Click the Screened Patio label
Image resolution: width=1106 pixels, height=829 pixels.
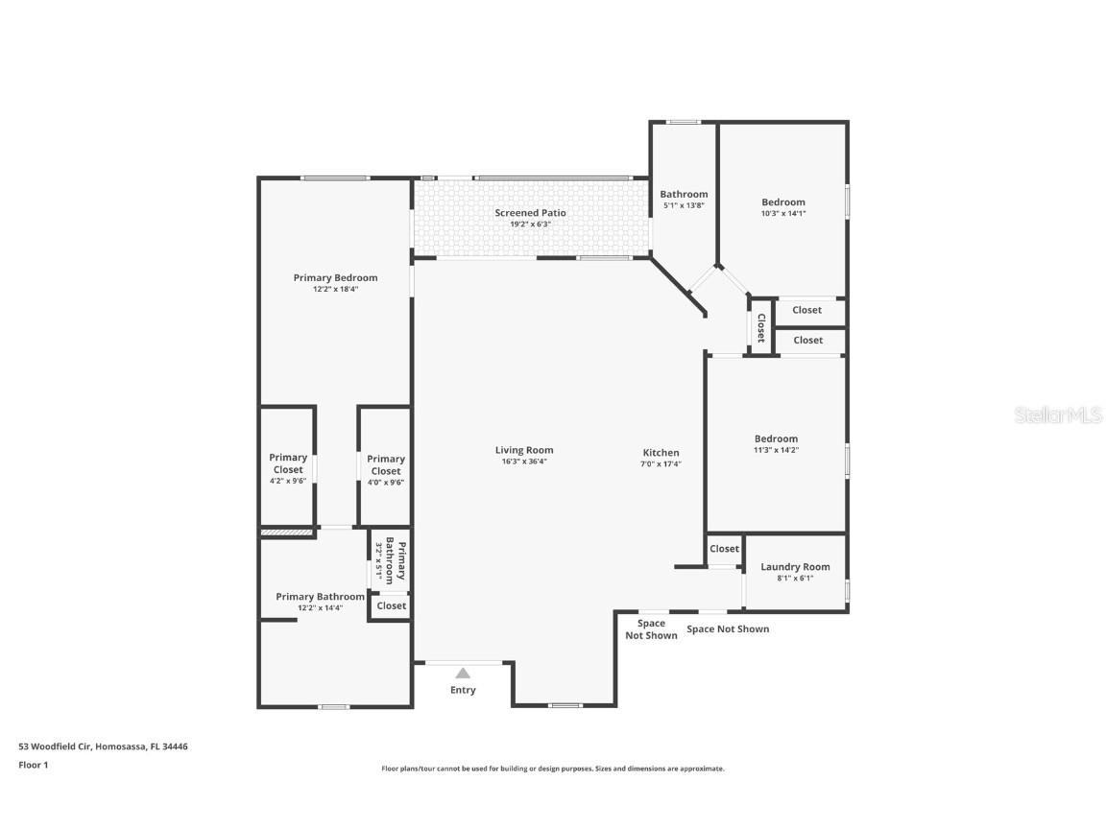tap(530, 213)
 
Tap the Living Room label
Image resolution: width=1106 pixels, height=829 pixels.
tap(524, 450)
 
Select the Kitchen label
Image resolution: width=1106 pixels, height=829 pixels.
tap(661, 453)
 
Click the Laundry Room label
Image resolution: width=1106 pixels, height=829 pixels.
tap(795, 567)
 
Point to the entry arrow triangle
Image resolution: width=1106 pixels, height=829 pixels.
tap(463, 674)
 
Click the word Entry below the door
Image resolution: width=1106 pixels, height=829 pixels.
tap(463, 690)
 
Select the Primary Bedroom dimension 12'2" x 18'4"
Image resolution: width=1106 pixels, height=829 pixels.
tap(335, 289)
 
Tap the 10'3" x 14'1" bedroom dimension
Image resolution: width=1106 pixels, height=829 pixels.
tap(783, 214)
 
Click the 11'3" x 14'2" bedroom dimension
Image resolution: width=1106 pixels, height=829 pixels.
tap(776, 450)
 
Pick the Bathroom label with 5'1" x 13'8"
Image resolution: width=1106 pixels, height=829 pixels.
tap(684, 195)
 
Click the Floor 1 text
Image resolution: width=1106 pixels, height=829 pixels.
tap(33, 765)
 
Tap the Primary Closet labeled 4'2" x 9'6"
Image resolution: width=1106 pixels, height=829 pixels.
tap(288, 463)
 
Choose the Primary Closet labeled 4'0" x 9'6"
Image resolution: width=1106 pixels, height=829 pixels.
tap(385, 465)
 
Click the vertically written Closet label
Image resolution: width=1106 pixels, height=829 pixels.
tap(760, 328)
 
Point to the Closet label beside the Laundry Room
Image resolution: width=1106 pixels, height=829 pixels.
tap(724, 549)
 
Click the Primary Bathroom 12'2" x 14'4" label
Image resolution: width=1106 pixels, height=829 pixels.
tap(320, 597)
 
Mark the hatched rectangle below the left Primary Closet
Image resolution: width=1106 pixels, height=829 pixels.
tap(287, 532)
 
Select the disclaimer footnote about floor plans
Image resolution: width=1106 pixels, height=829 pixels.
tap(553, 769)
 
